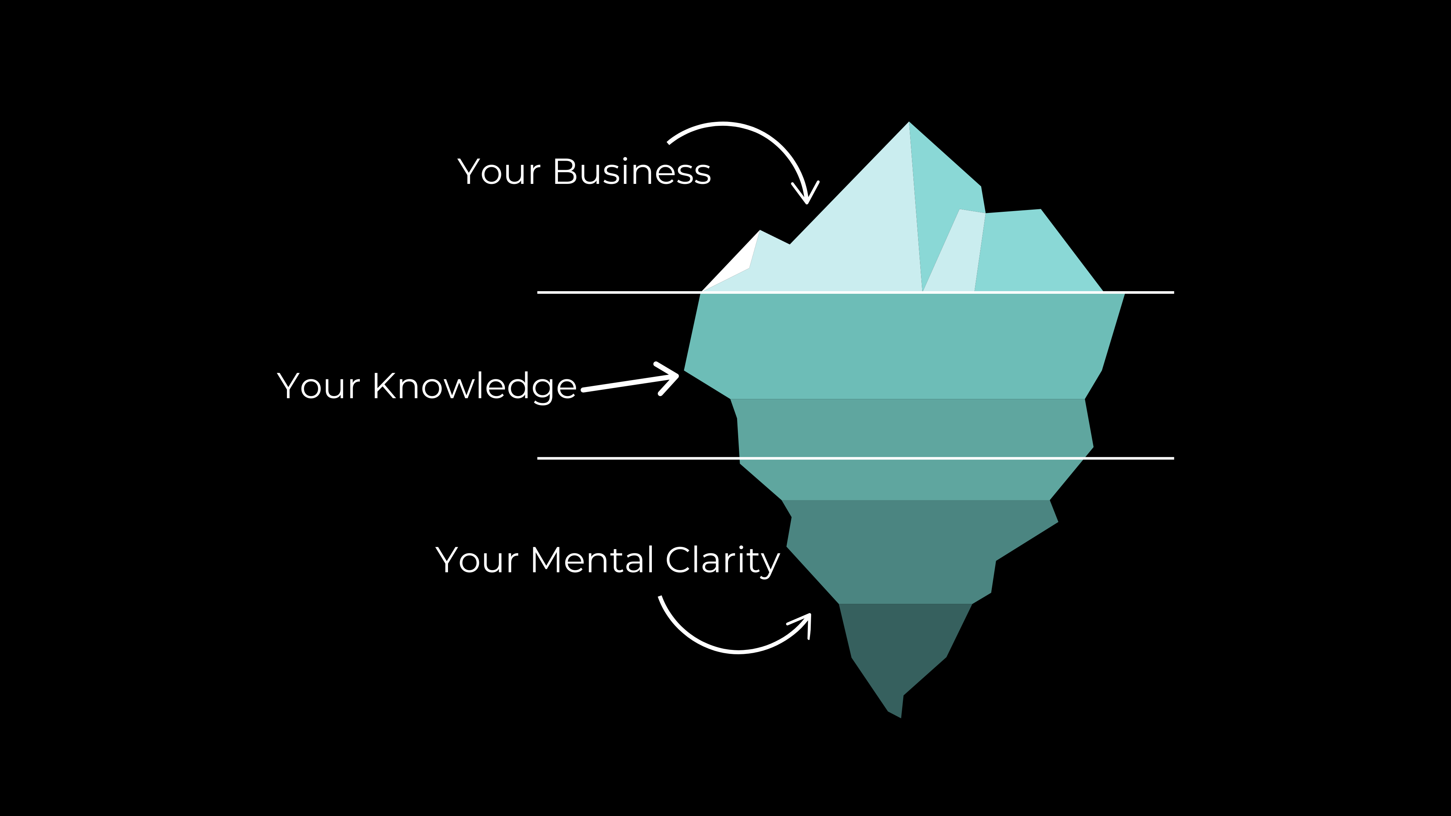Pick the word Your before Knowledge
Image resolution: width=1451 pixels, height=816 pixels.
click(318, 387)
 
